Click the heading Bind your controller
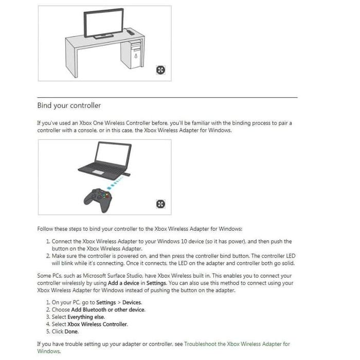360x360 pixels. tap(69, 105)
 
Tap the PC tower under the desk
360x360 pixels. tap(136, 53)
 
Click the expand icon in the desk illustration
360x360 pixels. tap(161, 70)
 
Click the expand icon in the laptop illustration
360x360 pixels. tap(161, 204)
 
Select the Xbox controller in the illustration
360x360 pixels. tap(99, 200)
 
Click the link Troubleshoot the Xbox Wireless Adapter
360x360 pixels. tap(237, 344)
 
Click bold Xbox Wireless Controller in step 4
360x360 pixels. tap(97, 324)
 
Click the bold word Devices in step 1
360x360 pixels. tap(132, 302)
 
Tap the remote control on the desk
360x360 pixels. tap(131, 32)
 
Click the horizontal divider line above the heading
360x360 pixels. tap(167, 97)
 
